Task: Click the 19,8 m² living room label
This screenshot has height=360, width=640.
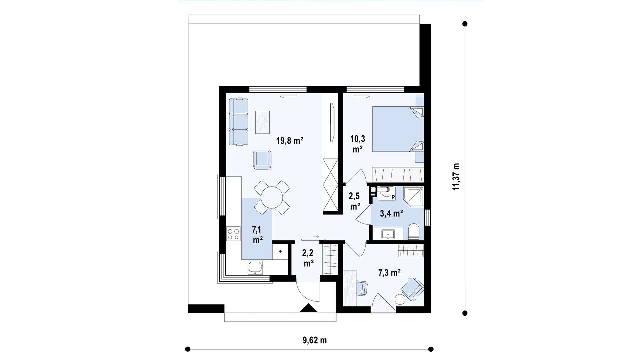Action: click(x=290, y=141)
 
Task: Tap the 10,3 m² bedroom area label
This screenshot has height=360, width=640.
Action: click(x=358, y=144)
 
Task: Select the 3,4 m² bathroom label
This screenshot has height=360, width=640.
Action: click(x=392, y=213)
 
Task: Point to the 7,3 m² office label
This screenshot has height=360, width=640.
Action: click(x=389, y=273)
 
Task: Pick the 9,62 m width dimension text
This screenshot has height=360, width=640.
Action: click(x=315, y=340)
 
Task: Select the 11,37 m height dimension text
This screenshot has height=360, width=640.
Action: click(x=456, y=177)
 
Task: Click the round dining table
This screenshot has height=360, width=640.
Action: click(x=272, y=197)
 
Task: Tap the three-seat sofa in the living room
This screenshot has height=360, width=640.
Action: click(x=239, y=122)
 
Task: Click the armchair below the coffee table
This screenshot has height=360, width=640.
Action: click(x=262, y=160)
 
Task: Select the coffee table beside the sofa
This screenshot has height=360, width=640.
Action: click(x=262, y=122)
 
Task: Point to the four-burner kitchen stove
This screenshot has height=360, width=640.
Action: click(x=233, y=233)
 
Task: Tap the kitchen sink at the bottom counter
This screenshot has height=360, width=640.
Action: click(x=255, y=268)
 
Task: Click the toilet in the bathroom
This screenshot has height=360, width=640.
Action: click(x=414, y=231)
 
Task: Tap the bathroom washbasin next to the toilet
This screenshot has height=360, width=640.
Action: click(x=388, y=234)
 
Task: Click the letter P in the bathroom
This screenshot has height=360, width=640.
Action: click(x=393, y=197)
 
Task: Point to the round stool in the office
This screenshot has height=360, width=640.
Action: click(x=400, y=299)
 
